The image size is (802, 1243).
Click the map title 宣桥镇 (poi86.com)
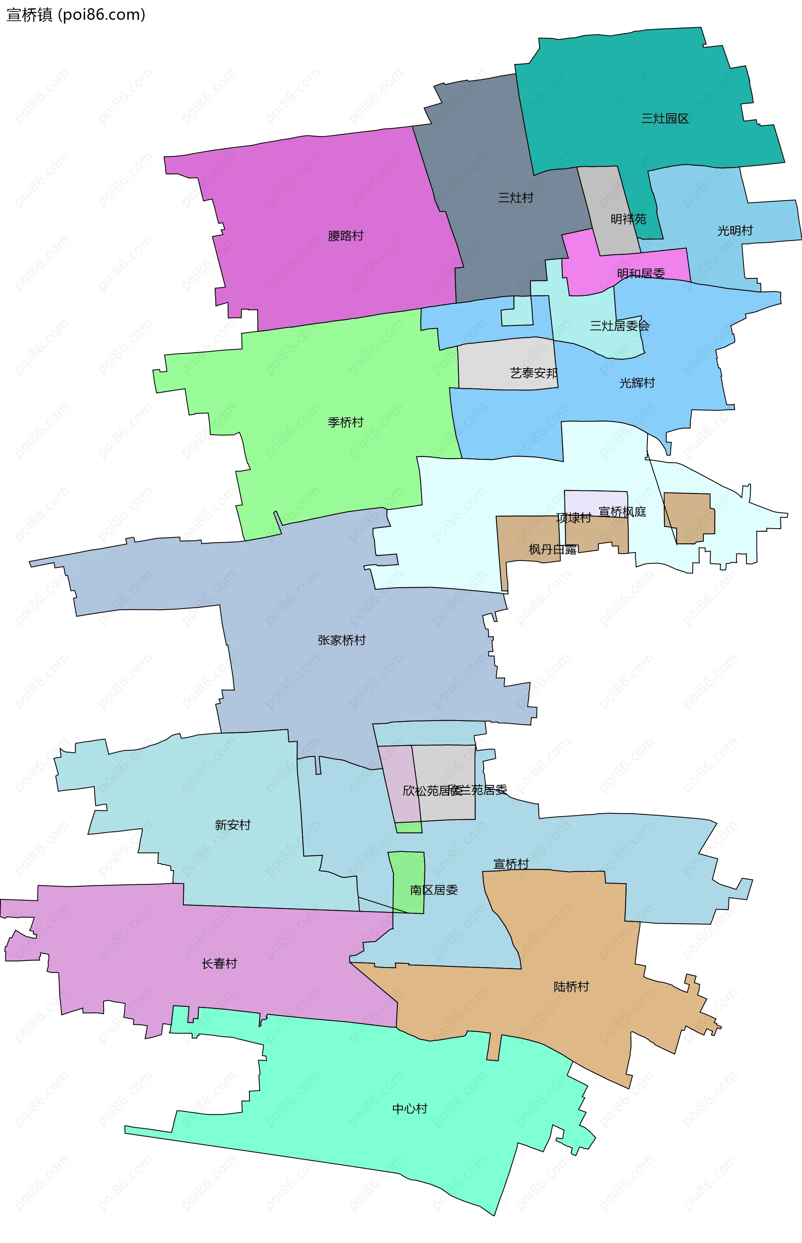(x=76, y=15)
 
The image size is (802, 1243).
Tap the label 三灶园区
(x=665, y=119)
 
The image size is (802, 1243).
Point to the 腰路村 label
(x=345, y=236)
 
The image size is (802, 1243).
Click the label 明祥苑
(x=628, y=219)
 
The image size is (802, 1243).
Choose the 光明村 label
(x=735, y=231)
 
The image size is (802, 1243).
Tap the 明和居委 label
(x=641, y=273)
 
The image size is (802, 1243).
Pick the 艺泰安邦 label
(x=534, y=373)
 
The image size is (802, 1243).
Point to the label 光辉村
(x=637, y=383)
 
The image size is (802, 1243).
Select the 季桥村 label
(x=345, y=423)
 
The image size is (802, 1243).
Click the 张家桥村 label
(x=342, y=640)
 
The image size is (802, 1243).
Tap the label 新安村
(x=233, y=825)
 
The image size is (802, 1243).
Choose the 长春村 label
(x=219, y=964)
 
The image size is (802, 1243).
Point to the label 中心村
(x=409, y=1108)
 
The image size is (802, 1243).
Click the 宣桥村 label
(x=511, y=864)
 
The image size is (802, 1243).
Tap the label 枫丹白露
(x=552, y=550)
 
